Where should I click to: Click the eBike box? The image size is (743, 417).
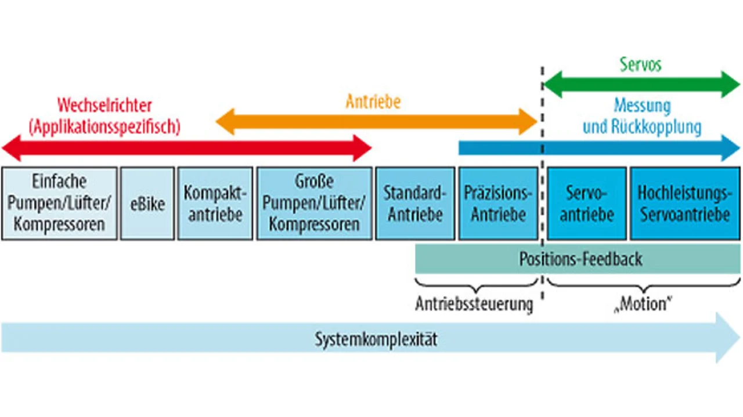click(147, 204)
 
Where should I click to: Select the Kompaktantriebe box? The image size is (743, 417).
click(215, 204)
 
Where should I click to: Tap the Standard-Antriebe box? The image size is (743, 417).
click(415, 204)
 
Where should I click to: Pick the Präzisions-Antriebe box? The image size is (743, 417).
click(498, 204)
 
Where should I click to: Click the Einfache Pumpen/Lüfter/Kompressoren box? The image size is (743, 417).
click(59, 204)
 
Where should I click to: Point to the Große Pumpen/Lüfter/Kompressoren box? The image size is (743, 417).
click(314, 204)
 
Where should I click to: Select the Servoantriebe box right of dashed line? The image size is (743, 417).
click(587, 204)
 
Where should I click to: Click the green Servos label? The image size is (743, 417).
click(640, 64)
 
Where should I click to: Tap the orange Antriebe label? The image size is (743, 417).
click(373, 101)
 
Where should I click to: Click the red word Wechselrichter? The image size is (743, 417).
click(104, 106)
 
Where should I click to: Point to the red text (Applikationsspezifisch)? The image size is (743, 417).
click(104, 126)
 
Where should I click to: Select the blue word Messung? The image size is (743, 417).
click(643, 106)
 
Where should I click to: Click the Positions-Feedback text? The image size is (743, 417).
click(580, 259)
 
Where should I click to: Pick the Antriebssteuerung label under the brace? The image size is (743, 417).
click(474, 304)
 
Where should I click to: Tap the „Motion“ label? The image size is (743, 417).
click(643, 304)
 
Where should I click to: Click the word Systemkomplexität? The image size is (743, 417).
click(376, 339)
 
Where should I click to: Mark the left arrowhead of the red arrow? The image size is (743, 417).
click(12, 148)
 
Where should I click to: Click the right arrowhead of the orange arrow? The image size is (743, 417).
click(528, 122)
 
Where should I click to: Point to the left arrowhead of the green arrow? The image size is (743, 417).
click(553, 84)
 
